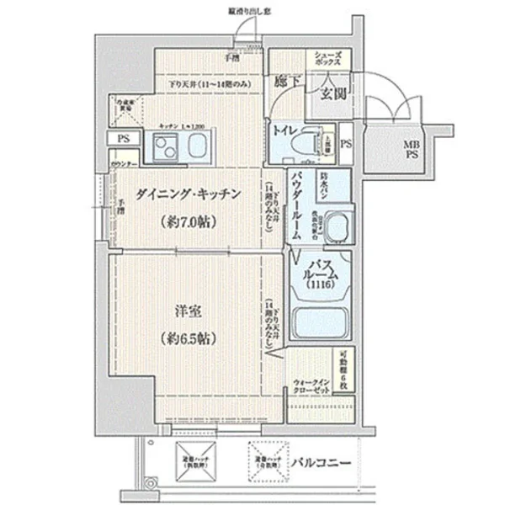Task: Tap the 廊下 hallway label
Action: pos(287,82)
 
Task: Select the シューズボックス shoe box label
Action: pos(328,59)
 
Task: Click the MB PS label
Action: pos(412,150)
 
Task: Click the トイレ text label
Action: pos(280,130)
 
